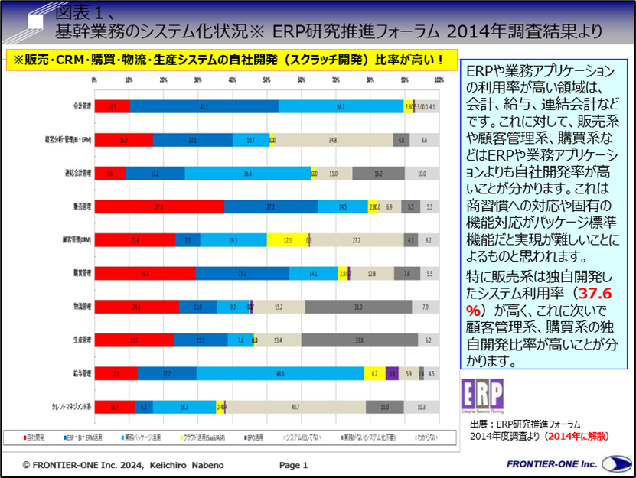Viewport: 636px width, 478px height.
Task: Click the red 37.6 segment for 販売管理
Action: coord(159,206)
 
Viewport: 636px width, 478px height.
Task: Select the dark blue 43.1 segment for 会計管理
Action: coord(204,107)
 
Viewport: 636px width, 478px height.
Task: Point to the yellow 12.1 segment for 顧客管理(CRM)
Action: coord(287,240)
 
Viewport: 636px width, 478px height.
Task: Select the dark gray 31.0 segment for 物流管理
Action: coord(358,307)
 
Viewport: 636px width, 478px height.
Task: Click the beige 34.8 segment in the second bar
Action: coord(332,141)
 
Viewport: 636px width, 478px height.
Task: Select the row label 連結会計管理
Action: coord(77,174)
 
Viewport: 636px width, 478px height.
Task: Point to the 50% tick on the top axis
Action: coord(266,80)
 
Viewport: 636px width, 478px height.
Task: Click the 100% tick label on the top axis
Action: coord(439,80)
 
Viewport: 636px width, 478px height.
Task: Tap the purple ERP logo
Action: coord(482,395)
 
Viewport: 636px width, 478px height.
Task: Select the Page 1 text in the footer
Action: coord(293,464)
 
